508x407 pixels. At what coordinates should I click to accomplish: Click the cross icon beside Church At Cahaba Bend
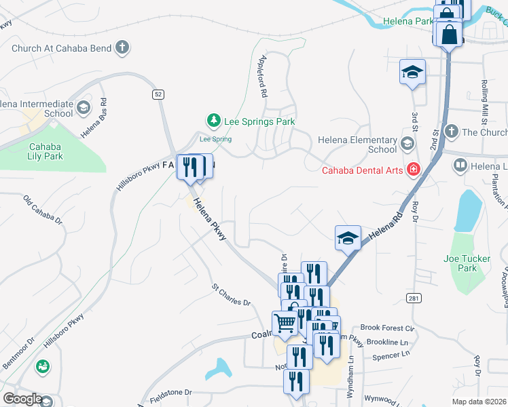coord(122,47)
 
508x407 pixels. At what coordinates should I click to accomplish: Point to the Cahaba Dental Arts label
coord(363,170)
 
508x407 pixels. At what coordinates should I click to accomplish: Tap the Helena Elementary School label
coord(357,144)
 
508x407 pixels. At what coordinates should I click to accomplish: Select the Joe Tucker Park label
coord(467,264)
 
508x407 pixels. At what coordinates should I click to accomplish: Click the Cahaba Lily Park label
coord(46,151)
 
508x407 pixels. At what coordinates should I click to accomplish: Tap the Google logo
coord(22,399)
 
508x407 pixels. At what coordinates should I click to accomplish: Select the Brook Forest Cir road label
coord(387,328)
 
